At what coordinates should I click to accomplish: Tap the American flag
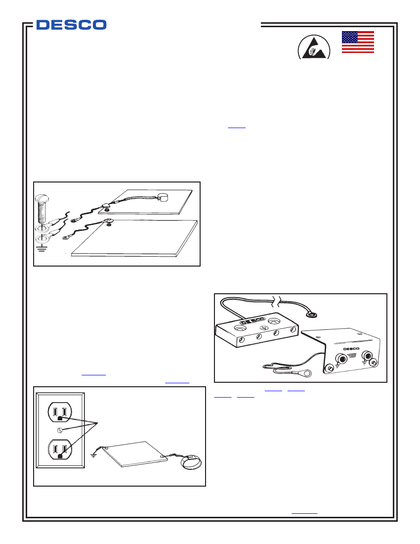(358, 42)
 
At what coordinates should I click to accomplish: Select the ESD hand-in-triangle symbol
(313, 48)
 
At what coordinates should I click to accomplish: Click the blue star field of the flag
(350, 38)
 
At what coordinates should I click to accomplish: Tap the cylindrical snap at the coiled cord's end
(164, 198)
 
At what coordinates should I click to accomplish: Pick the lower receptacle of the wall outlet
(59, 450)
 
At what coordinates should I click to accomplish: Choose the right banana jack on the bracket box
(368, 356)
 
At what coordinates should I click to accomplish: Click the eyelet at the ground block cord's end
(312, 313)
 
